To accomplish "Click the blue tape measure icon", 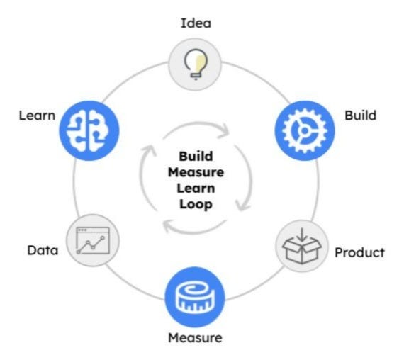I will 194,296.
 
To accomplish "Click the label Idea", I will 196,23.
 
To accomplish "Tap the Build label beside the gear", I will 360,115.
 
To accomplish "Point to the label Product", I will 359,252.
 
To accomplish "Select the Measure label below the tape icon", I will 195,337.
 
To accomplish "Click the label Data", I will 42,250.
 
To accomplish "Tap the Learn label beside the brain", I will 37,115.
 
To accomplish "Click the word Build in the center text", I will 195,157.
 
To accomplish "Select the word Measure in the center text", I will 195,172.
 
